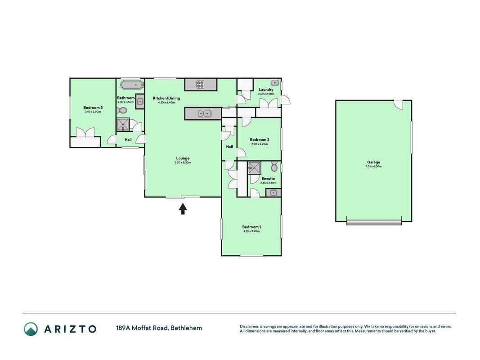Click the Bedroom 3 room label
point(93,108)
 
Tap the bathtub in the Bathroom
point(132,85)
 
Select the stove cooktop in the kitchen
point(200,84)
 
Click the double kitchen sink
point(204,114)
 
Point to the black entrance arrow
point(183,209)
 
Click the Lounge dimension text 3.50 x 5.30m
point(183,162)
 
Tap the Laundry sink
point(274,82)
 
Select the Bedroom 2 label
point(260,139)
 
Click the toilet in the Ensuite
point(274,167)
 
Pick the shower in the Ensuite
point(254,168)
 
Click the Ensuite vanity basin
point(273,193)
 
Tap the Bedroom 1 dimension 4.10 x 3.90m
point(251,231)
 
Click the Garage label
point(373,162)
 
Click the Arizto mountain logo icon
point(31,329)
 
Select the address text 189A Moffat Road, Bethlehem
point(159,328)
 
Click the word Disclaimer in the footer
point(249,327)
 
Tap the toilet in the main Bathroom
point(122,111)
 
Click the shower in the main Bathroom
point(123,125)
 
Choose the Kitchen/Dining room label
point(166,98)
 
